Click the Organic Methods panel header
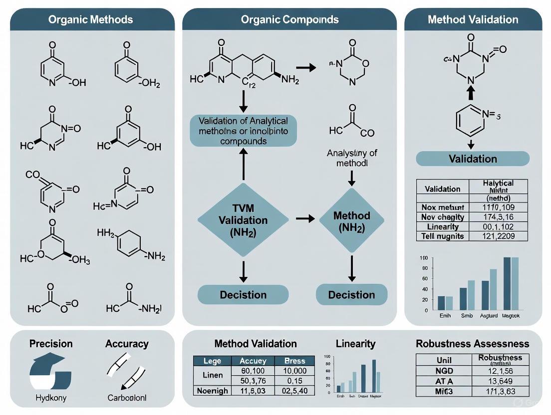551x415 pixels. pyautogui.click(x=90, y=20)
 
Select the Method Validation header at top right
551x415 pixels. pyautogui.click(x=473, y=20)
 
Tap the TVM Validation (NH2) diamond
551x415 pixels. pyautogui.click(x=243, y=220)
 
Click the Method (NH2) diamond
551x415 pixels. pyautogui.click(x=351, y=221)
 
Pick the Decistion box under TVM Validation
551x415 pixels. pyautogui.click(x=243, y=295)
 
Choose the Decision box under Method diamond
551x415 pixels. pyautogui.click(x=351, y=295)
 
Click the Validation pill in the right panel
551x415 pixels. pyautogui.click(x=473, y=159)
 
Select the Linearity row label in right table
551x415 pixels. pyautogui.click(x=442, y=226)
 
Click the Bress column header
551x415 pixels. pyautogui.click(x=294, y=361)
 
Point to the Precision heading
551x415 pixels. pyautogui.click(x=51, y=344)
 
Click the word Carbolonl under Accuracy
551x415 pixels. pyautogui.click(x=127, y=398)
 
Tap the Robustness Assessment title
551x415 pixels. pyautogui.click(x=472, y=344)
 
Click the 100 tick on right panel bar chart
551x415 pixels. pyautogui.click(x=424, y=257)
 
